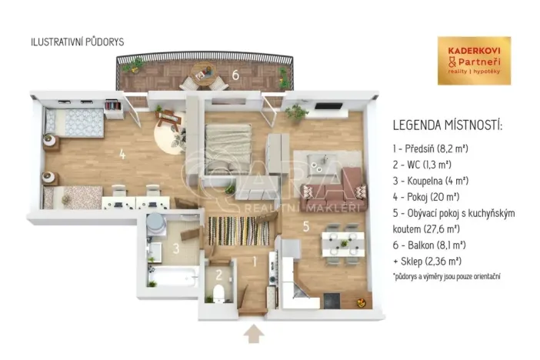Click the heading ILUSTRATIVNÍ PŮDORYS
click(x=76, y=42)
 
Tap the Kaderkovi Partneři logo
click(x=474, y=60)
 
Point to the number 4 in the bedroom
click(x=122, y=152)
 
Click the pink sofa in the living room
click(x=342, y=185)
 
